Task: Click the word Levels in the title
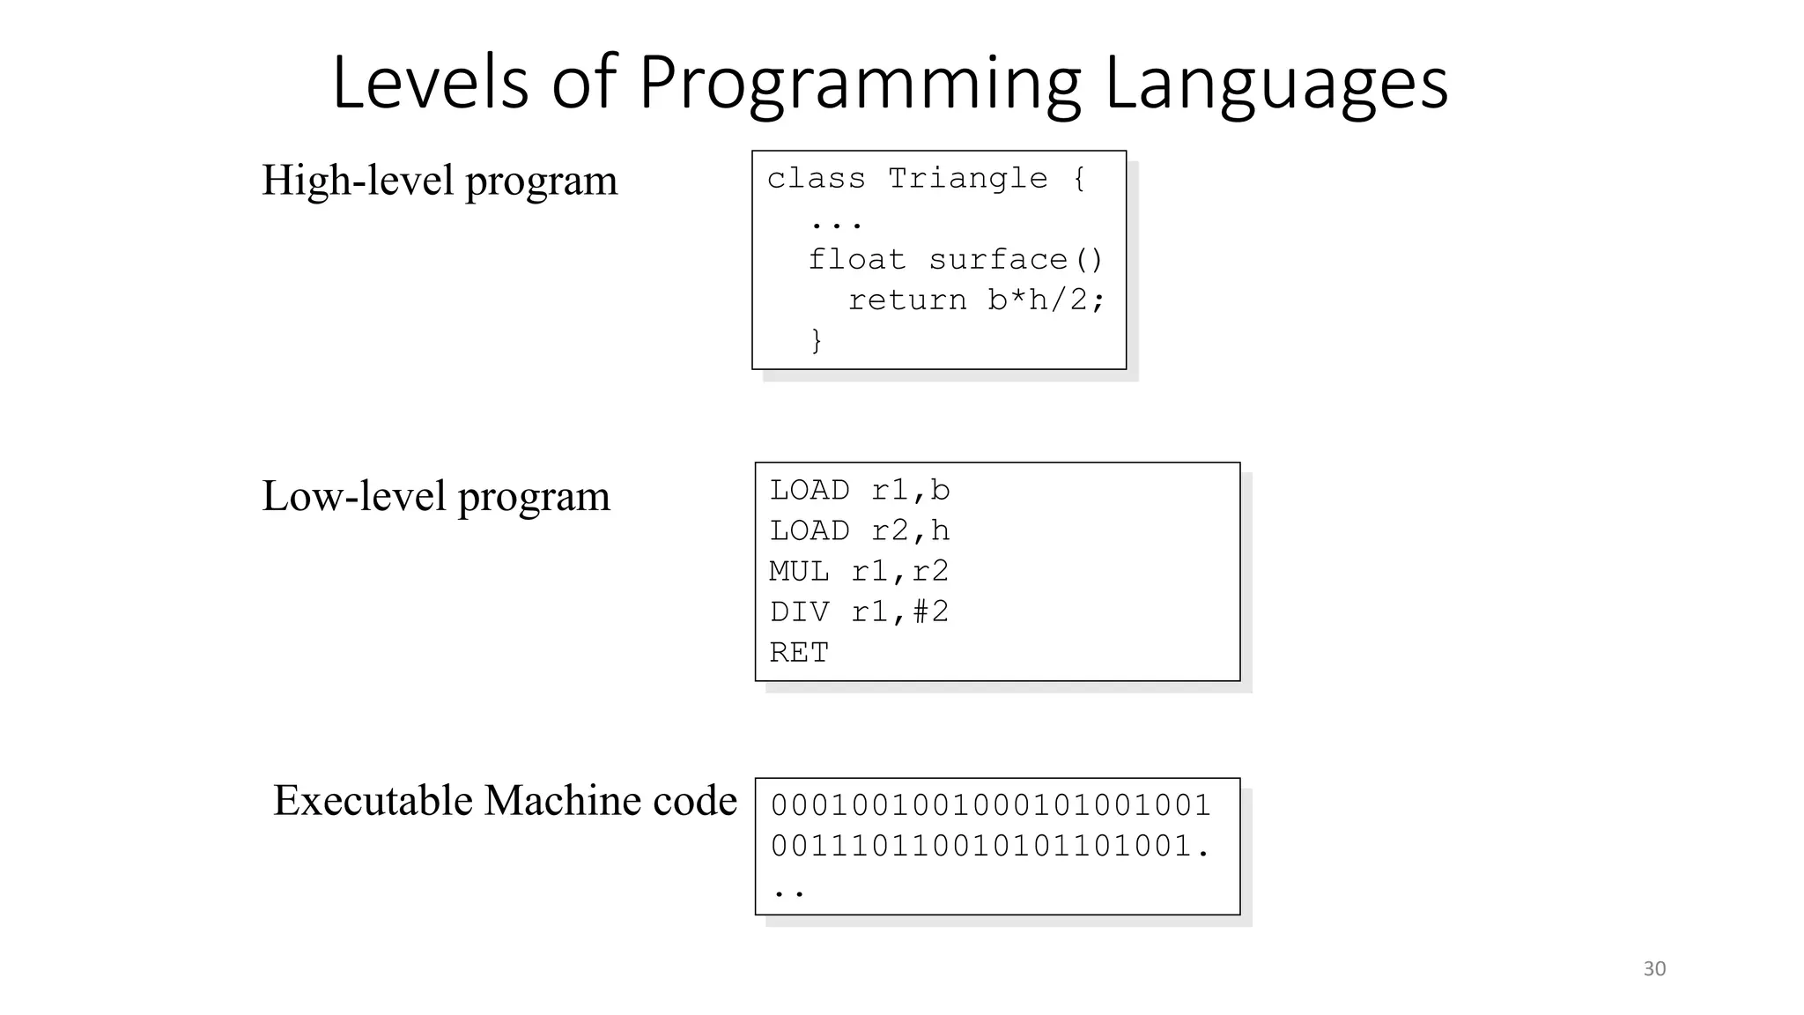(430, 84)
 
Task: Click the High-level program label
(440, 182)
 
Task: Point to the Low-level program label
(435, 496)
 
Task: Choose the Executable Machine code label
(505, 801)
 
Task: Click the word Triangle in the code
(967, 179)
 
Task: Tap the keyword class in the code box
(816, 179)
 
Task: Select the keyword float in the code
(856, 260)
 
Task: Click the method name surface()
(1016, 260)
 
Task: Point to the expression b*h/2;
(1046, 300)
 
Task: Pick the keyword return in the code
(906, 300)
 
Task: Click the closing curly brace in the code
(817, 340)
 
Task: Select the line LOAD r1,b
(860, 491)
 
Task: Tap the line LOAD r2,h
(860, 531)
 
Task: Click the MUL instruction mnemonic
(799, 572)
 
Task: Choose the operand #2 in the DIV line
(931, 612)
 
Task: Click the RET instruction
(799, 653)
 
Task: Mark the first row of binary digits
(991, 805)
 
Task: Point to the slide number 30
(1654, 969)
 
